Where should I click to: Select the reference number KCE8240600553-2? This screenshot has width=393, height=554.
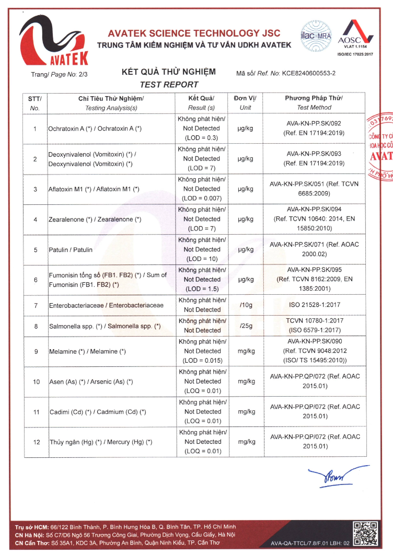(308, 74)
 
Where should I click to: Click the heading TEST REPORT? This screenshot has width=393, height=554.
(169, 85)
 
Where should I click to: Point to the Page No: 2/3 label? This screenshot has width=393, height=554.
(59, 74)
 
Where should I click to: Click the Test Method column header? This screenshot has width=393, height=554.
(314, 103)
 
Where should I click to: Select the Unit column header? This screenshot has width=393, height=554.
(245, 103)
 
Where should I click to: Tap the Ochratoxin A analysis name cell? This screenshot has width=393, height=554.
(95, 128)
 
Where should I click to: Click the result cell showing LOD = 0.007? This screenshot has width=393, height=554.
(202, 189)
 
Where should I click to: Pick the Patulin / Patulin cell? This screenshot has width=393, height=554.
(71, 250)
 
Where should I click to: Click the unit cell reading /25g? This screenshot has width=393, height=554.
(245, 326)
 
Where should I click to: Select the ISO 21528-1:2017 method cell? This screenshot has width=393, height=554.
(314, 304)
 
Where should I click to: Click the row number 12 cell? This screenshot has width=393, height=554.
(36, 442)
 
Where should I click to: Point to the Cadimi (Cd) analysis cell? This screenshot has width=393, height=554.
(97, 412)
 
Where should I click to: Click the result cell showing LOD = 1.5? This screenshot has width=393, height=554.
(202, 280)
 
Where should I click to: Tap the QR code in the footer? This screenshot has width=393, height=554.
(365, 534)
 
